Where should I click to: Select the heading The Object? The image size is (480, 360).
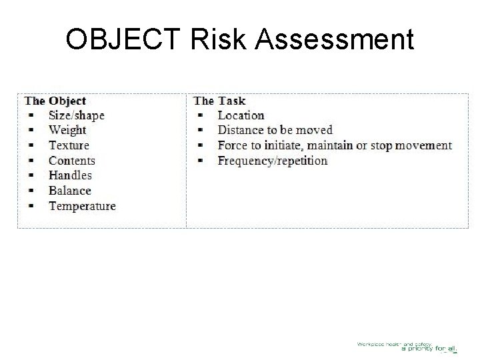click(x=55, y=101)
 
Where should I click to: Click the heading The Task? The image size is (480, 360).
click(x=219, y=101)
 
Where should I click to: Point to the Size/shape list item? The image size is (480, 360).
click(x=76, y=115)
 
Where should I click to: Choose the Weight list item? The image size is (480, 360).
click(x=67, y=130)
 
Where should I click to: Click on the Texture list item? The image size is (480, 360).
click(x=69, y=145)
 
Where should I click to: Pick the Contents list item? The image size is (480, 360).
click(x=71, y=161)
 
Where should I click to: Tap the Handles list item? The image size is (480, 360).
click(x=70, y=175)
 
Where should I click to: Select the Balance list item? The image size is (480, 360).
click(x=69, y=191)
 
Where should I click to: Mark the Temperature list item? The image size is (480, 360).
click(x=82, y=206)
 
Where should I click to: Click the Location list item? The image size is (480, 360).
click(x=241, y=115)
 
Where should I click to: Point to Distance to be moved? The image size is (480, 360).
click(x=275, y=130)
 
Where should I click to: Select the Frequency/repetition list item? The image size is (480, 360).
click(x=273, y=161)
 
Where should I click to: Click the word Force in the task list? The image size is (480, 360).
click(x=231, y=145)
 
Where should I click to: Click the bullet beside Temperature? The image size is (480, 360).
click(x=31, y=206)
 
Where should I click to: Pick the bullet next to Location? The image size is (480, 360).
click(x=200, y=115)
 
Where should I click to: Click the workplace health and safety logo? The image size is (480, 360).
click(x=407, y=346)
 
